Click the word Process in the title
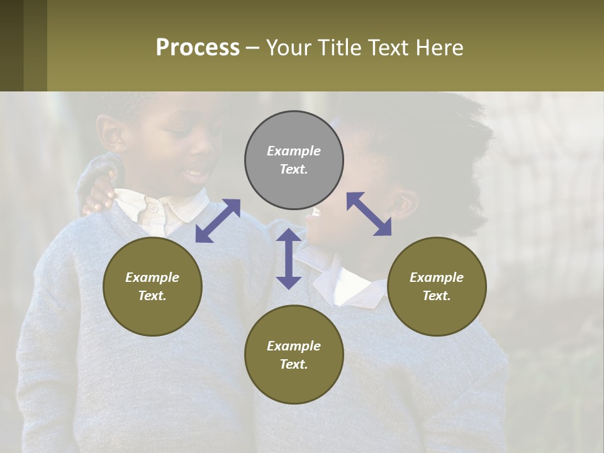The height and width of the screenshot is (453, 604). click(198, 48)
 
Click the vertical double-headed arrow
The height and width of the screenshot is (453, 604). click(289, 259)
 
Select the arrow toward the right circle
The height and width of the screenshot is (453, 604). click(369, 214)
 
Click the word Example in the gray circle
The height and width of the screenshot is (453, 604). click(294, 151)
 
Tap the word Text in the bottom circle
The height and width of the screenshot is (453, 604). click(293, 364)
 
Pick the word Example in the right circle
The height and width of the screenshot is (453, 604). click(437, 277)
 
